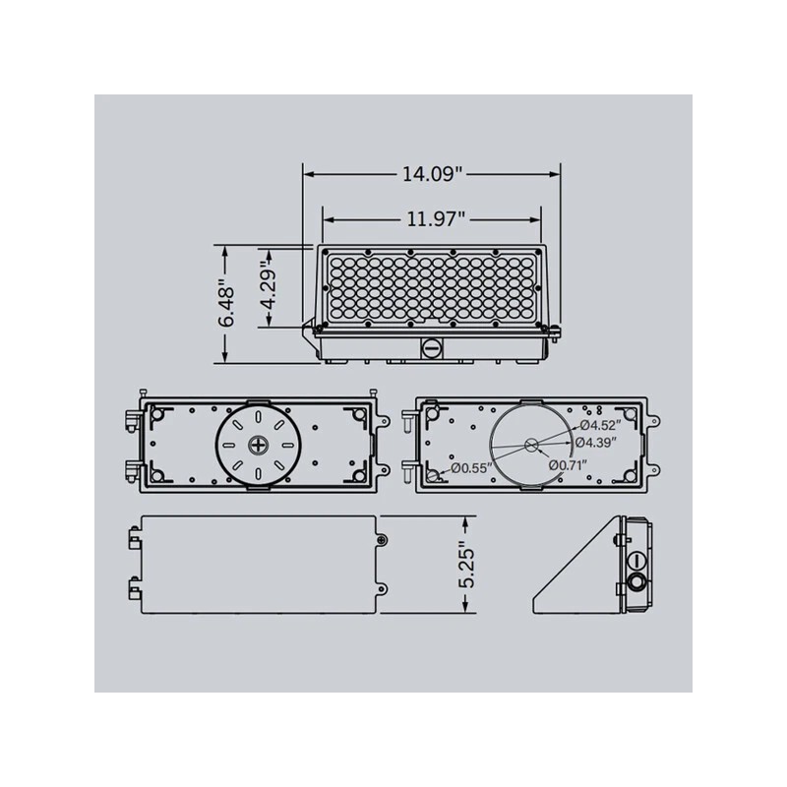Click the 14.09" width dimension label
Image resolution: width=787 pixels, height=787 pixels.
tap(432, 174)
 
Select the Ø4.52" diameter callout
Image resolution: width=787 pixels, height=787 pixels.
tap(598, 425)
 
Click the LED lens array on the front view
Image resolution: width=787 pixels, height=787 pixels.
tap(432, 286)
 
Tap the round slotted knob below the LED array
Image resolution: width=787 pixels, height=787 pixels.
tap(432, 347)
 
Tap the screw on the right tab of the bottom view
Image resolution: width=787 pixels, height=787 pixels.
tap(383, 539)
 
